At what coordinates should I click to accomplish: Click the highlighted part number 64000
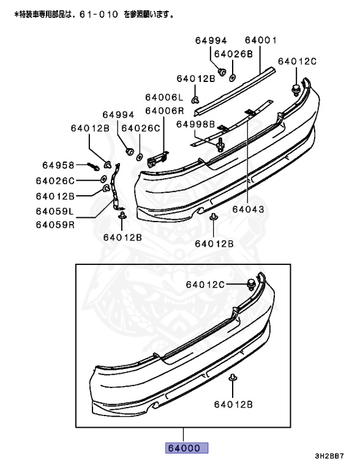(x=187, y=448)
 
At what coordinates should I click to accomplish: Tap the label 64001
(x=261, y=40)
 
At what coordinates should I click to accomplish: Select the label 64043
(x=248, y=209)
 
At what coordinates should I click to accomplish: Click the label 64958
(x=58, y=165)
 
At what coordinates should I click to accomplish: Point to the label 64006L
(x=164, y=97)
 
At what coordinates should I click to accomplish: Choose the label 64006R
(x=165, y=111)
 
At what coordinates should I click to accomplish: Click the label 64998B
(x=195, y=124)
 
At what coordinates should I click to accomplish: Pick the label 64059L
(x=54, y=211)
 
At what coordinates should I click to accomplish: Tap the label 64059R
(x=55, y=225)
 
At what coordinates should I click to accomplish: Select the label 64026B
(x=233, y=54)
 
